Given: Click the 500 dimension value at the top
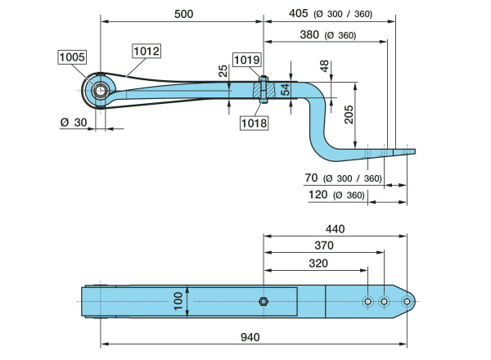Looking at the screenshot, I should [x=183, y=13].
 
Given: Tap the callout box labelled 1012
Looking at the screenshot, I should [x=147, y=51].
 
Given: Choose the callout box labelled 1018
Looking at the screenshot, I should [x=254, y=124].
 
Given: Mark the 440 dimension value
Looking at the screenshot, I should [x=336, y=229].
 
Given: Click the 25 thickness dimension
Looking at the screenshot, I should [x=224, y=72].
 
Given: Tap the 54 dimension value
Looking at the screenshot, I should [x=286, y=89].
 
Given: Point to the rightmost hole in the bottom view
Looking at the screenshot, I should [x=406, y=301].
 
